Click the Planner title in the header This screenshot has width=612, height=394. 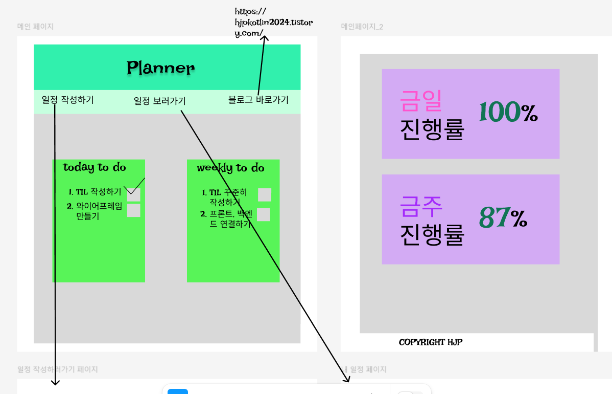click(160, 68)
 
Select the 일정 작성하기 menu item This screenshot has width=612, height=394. click(67, 100)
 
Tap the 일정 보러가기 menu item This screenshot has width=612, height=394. click(159, 101)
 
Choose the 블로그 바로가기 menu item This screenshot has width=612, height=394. click(258, 100)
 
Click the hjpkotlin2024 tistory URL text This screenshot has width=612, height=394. click(273, 23)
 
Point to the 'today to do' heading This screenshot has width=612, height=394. click(95, 167)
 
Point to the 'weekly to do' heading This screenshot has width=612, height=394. click(230, 168)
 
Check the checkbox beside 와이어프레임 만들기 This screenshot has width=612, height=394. click(133, 210)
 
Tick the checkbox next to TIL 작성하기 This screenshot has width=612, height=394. click(134, 194)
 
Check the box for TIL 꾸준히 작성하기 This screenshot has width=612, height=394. click(264, 194)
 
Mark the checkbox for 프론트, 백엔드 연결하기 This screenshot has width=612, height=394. click(263, 214)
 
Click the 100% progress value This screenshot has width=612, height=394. click(508, 112)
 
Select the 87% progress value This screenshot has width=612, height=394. click(503, 218)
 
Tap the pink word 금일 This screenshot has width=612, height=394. click(420, 100)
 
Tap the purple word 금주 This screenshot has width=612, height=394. click(421, 206)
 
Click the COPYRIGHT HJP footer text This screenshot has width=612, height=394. click(430, 342)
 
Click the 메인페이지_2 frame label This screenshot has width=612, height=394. click(362, 27)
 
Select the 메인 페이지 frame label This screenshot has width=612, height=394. click(35, 27)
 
